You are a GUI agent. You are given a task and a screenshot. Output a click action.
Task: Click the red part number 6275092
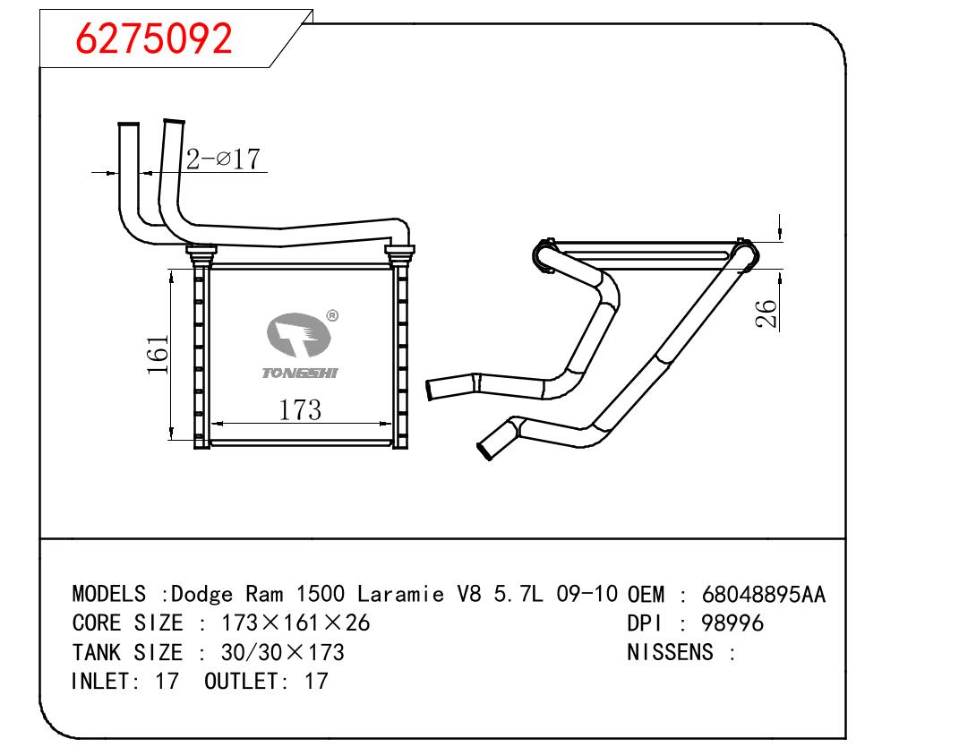[153, 38]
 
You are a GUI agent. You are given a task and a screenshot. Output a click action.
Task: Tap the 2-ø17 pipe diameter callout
[223, 159]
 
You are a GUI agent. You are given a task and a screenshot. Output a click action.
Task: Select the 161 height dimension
[158, 354]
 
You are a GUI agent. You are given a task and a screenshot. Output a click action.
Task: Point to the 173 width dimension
[300, 410]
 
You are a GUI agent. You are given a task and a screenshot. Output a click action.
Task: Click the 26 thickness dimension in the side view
[766, 314]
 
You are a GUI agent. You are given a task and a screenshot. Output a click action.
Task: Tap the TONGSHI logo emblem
[298, 335]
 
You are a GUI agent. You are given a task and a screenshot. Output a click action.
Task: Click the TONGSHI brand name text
[300, 374]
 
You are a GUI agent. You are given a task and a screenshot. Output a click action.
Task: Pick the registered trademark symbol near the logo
[332, 315]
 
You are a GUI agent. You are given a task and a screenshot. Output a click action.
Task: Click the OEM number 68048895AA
[763, 595]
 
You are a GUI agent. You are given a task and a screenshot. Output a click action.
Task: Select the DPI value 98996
[732, 623]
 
